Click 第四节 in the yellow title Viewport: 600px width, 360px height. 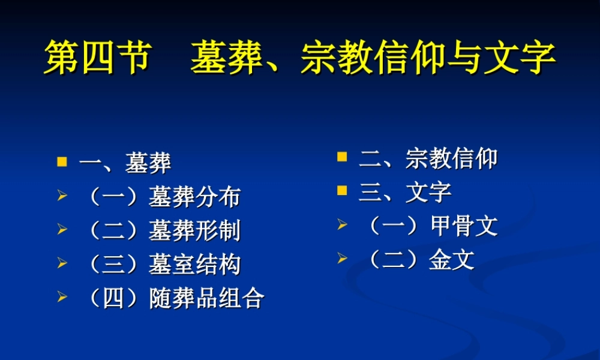pos(96,58)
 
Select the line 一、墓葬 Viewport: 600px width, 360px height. pos(125,163)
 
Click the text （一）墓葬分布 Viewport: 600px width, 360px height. pos(163,197)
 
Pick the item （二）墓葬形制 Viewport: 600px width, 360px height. pos(163,230)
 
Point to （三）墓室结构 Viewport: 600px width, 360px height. pos(163,265)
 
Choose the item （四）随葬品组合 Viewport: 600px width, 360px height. pos(174,298)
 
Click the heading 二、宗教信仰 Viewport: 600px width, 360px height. pos(428,158)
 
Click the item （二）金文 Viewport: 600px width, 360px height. pos(419,260)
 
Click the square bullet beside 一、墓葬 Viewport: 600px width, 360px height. pos(62,162)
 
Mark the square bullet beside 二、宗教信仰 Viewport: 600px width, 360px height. pos(342,158)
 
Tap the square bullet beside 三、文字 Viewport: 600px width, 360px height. pos(342,192)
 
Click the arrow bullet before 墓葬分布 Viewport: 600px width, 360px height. pos(62,196)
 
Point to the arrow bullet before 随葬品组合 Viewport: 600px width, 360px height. pos(62,298)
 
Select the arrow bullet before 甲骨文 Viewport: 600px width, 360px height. pos(342,226)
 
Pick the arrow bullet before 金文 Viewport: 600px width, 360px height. pos(342,259)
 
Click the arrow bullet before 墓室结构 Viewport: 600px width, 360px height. pos(62,264)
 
